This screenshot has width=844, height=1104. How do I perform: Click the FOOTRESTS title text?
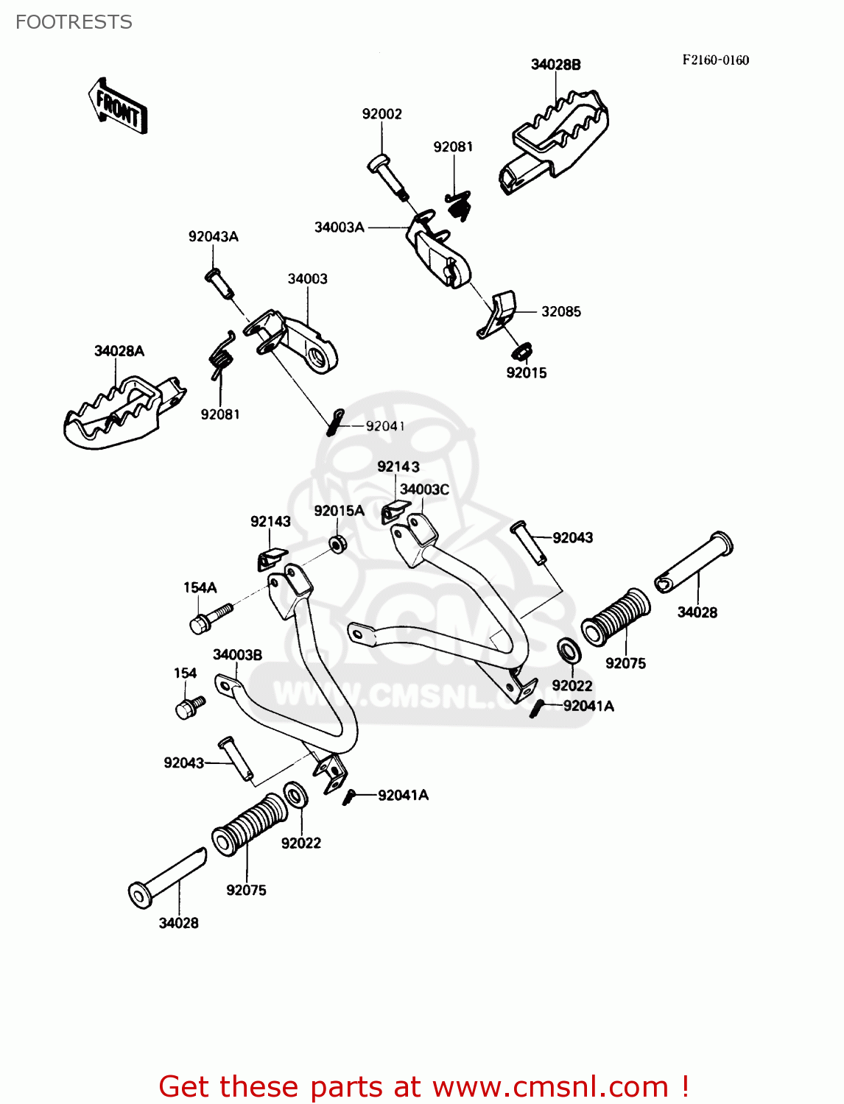point(74,22)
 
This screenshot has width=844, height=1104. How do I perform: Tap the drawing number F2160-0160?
point(715,60)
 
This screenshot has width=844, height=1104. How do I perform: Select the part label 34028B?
point(555,65)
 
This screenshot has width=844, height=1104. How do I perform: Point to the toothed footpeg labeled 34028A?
point(122,412)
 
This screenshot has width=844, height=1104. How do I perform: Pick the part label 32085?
point(560,311)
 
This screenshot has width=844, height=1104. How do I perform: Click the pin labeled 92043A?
point(219,283)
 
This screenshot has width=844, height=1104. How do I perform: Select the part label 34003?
point(307,279)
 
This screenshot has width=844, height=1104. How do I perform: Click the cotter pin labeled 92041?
point(335,422)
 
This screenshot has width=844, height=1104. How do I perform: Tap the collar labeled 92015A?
point(338,545)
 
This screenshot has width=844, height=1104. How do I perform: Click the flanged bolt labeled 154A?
point(209,617)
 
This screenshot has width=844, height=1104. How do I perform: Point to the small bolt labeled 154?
point(189,707)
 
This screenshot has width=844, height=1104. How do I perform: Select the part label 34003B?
point(237,654)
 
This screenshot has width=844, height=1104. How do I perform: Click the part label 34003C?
point(424,489)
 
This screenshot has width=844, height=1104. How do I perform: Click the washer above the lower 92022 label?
point(296,794)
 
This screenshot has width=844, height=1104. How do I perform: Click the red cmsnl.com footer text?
point(423,1086)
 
